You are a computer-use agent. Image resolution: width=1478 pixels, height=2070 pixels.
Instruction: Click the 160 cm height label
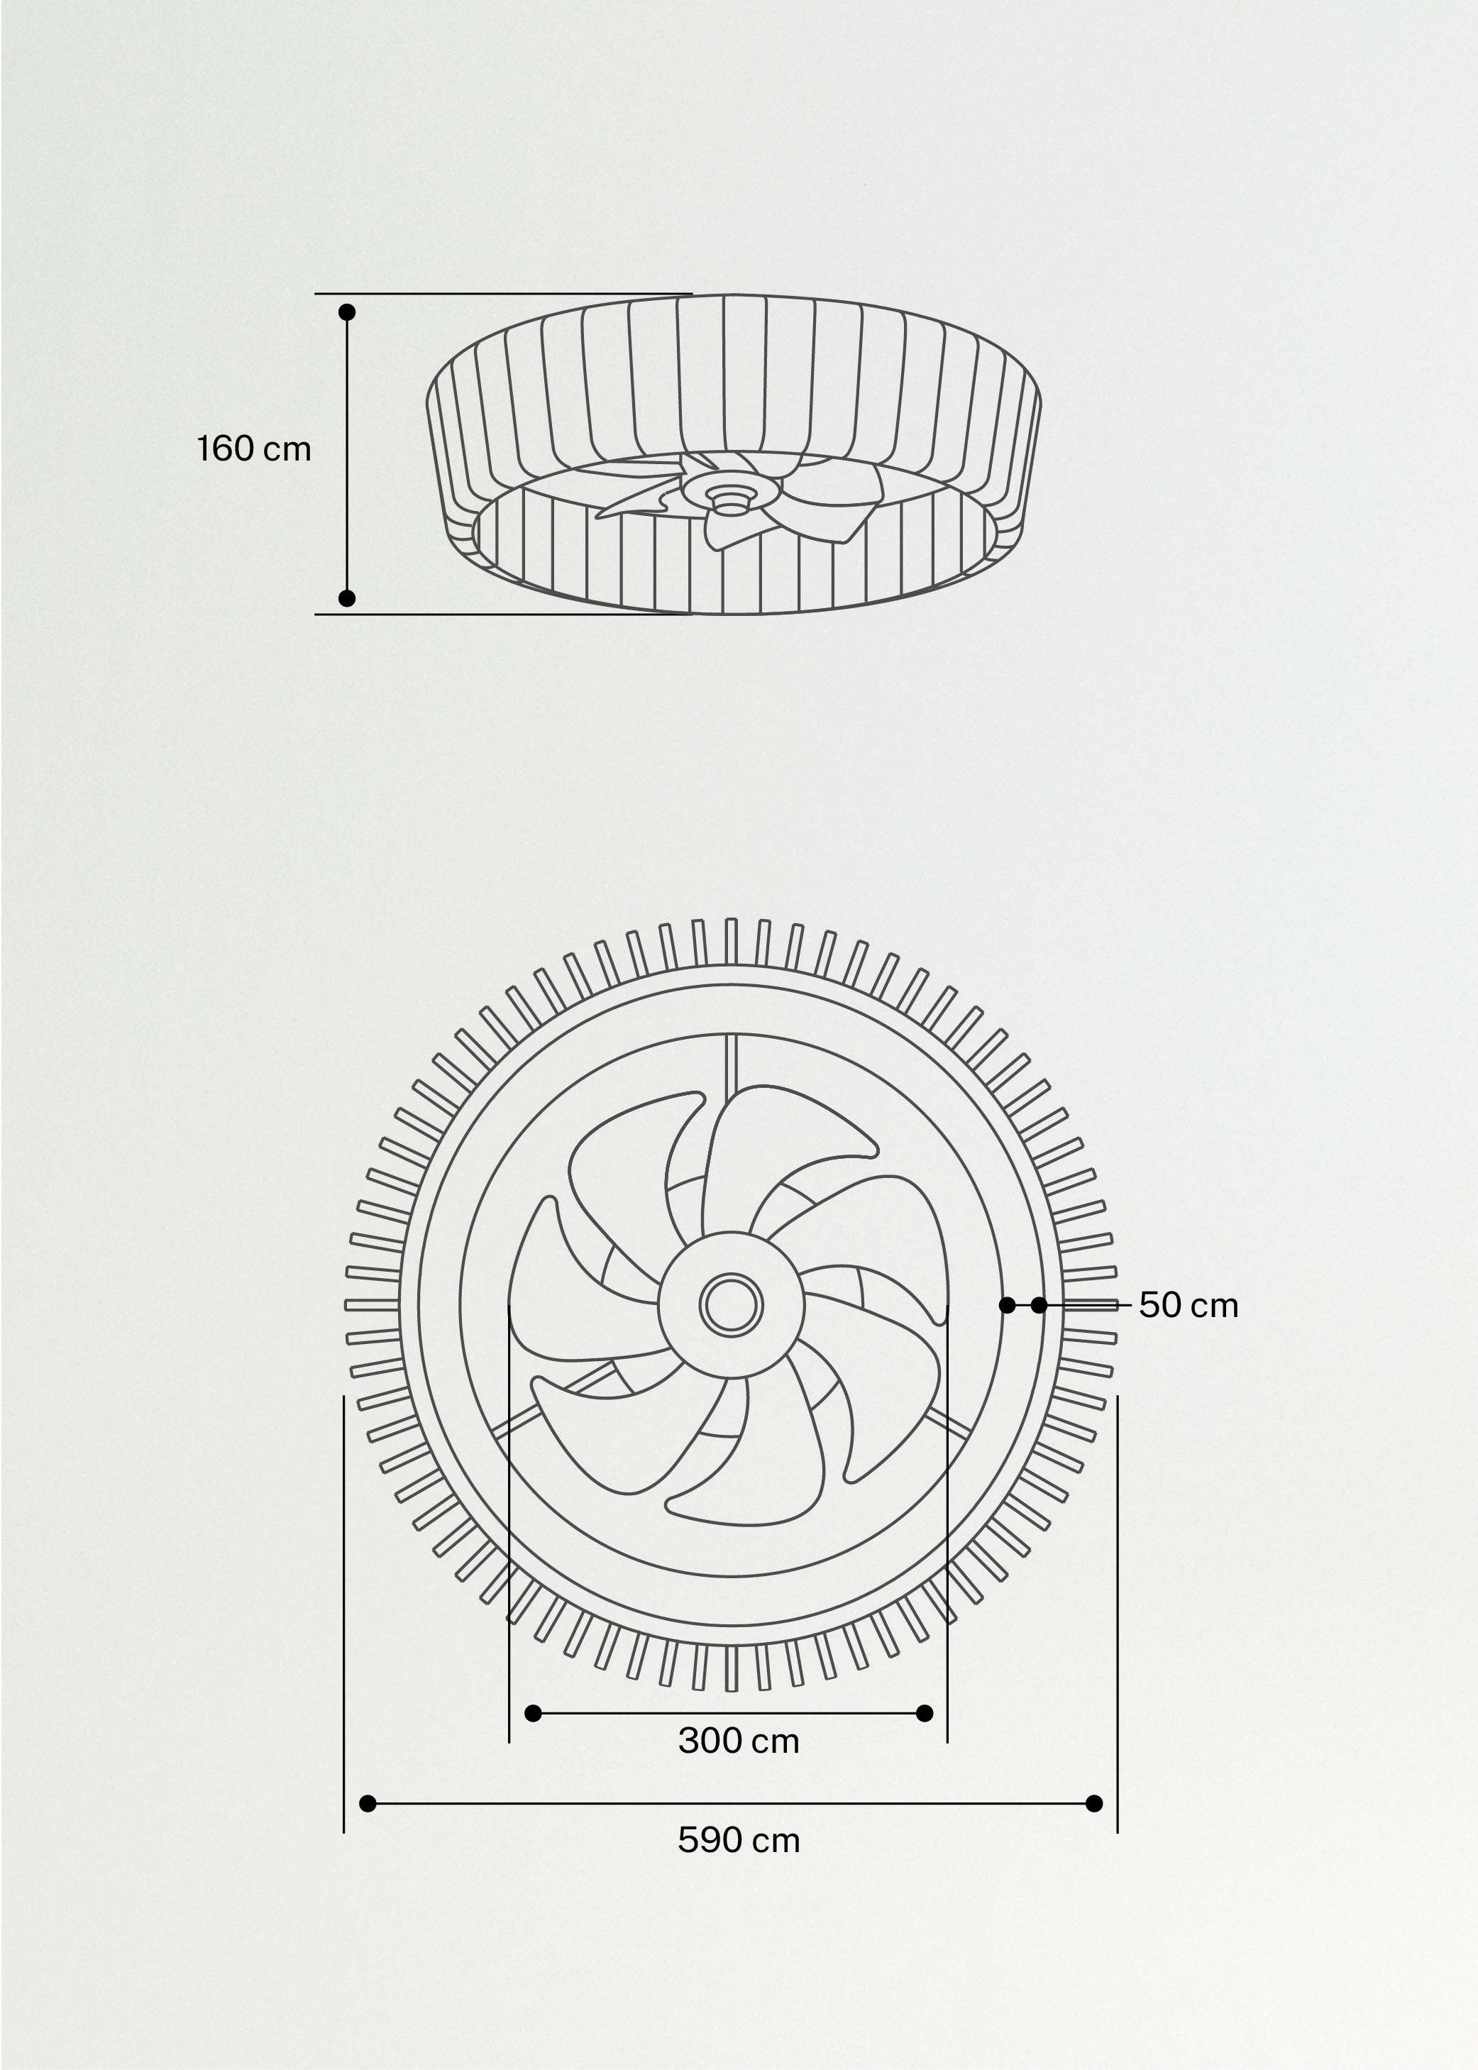click(x=254, y=448)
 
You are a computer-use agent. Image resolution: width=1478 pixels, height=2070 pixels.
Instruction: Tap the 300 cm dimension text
click(x=738, y=1741)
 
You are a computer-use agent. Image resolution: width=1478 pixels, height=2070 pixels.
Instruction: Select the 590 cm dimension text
click(x=738, y=1841)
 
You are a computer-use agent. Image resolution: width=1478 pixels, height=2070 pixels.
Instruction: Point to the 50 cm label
click(x=1189, y=1305)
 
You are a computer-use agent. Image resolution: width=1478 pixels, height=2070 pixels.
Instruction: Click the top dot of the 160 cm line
click(x=347, y=312)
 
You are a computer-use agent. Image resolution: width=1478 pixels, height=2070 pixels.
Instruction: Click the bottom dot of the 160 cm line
click(x=347, y=598)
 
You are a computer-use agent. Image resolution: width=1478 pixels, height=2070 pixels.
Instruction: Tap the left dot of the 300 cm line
click(x=534, y=1714)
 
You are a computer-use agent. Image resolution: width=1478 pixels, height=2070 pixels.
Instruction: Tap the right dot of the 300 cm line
click(x=925, y=1714)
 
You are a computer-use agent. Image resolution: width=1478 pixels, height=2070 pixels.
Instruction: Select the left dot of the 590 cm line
click(x=368, y=1803)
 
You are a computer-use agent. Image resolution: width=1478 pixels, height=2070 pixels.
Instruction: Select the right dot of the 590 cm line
click(x=1095, y=1803)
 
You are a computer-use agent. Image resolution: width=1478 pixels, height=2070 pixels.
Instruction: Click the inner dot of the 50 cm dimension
click(x=1008, y=1305)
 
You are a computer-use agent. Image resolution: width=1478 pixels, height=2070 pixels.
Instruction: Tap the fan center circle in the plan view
click(x=731, y=1305)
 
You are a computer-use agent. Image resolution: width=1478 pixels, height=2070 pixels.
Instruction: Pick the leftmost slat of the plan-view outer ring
click(x=371, y=1305)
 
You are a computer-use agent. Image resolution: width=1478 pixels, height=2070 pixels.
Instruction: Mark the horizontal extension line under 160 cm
click(x=500, y=615)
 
